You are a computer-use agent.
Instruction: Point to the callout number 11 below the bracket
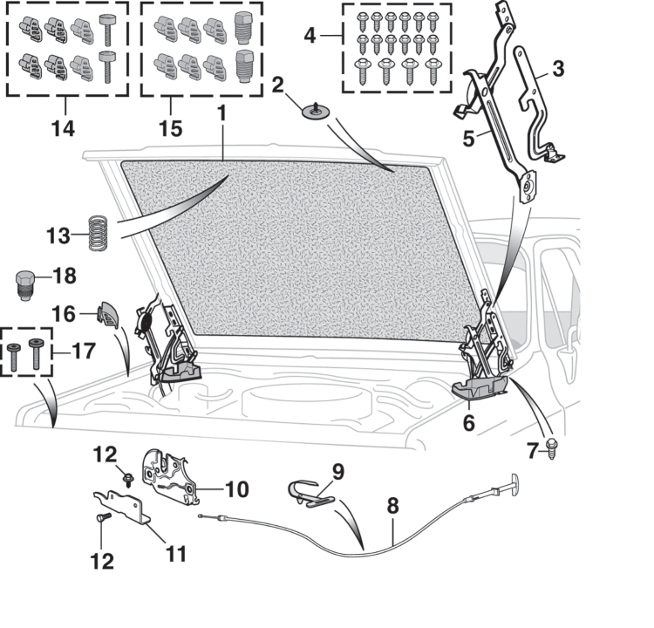[176, 553]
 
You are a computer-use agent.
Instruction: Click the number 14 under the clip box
[62, 128]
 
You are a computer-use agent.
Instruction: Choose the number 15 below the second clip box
[171, 128]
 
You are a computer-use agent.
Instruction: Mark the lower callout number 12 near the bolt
[103, 560]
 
